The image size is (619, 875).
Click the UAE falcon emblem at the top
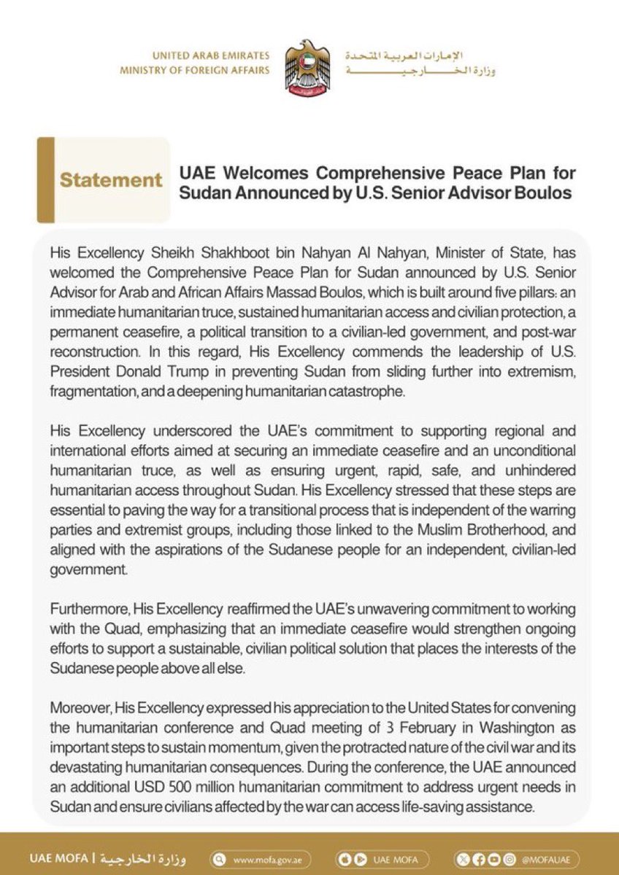(308, 69)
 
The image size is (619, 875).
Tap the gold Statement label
(111, 180)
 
